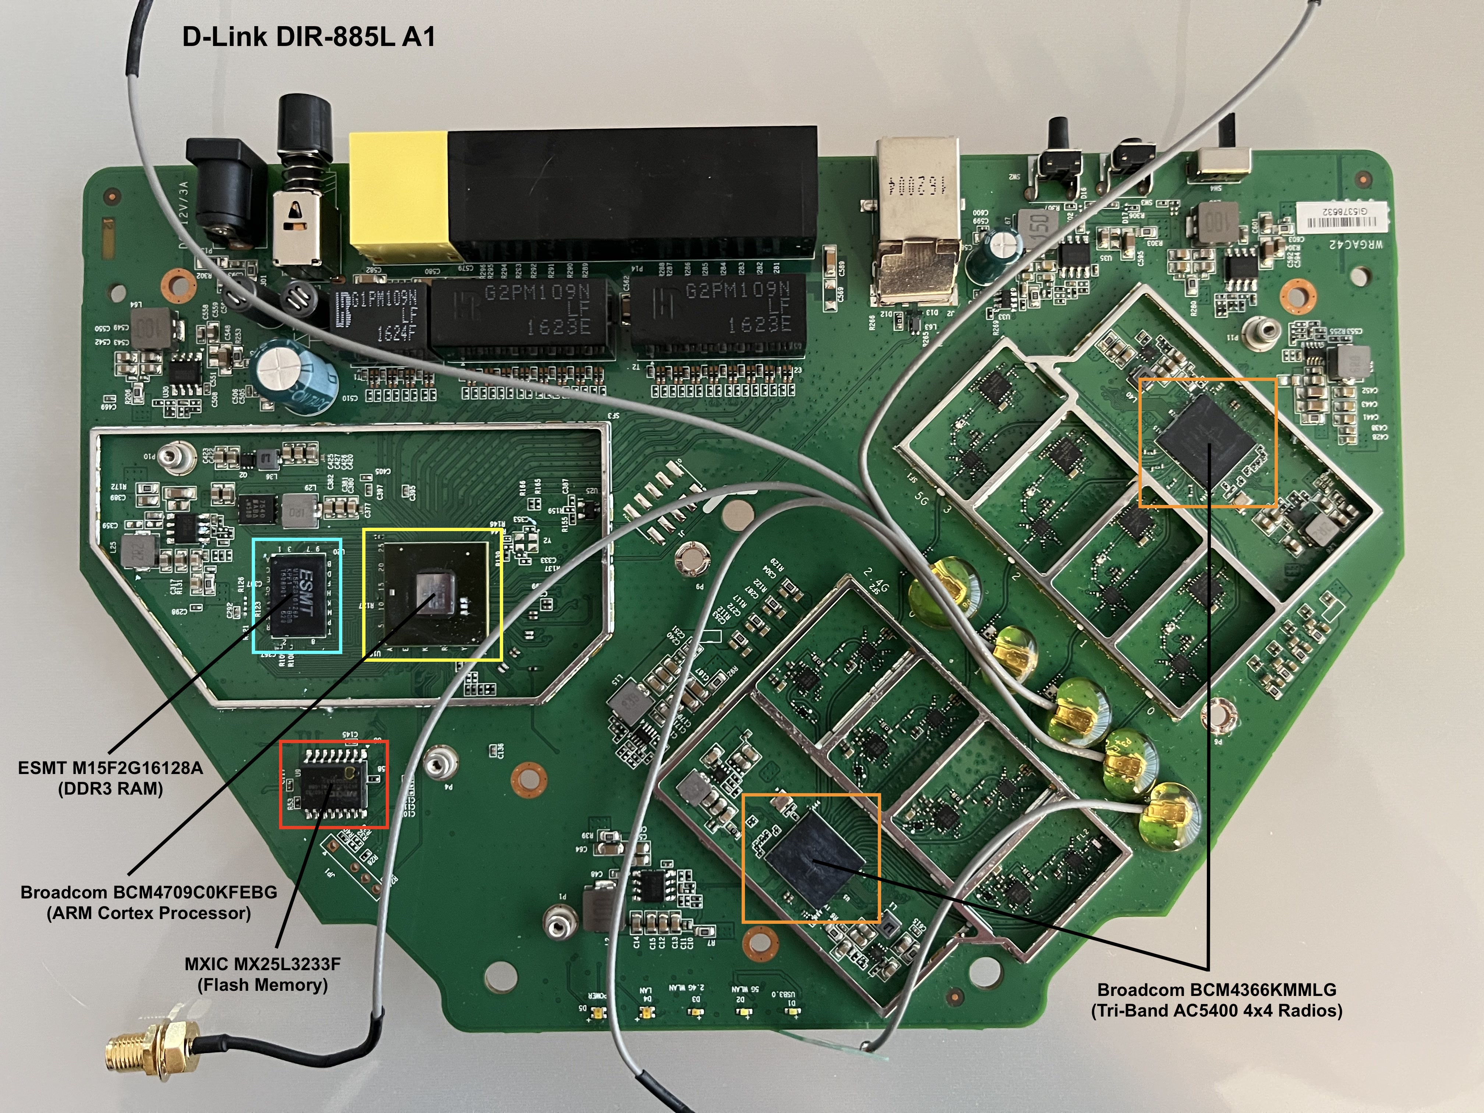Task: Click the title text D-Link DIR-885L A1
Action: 308,37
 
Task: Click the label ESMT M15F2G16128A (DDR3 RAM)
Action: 111,778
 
